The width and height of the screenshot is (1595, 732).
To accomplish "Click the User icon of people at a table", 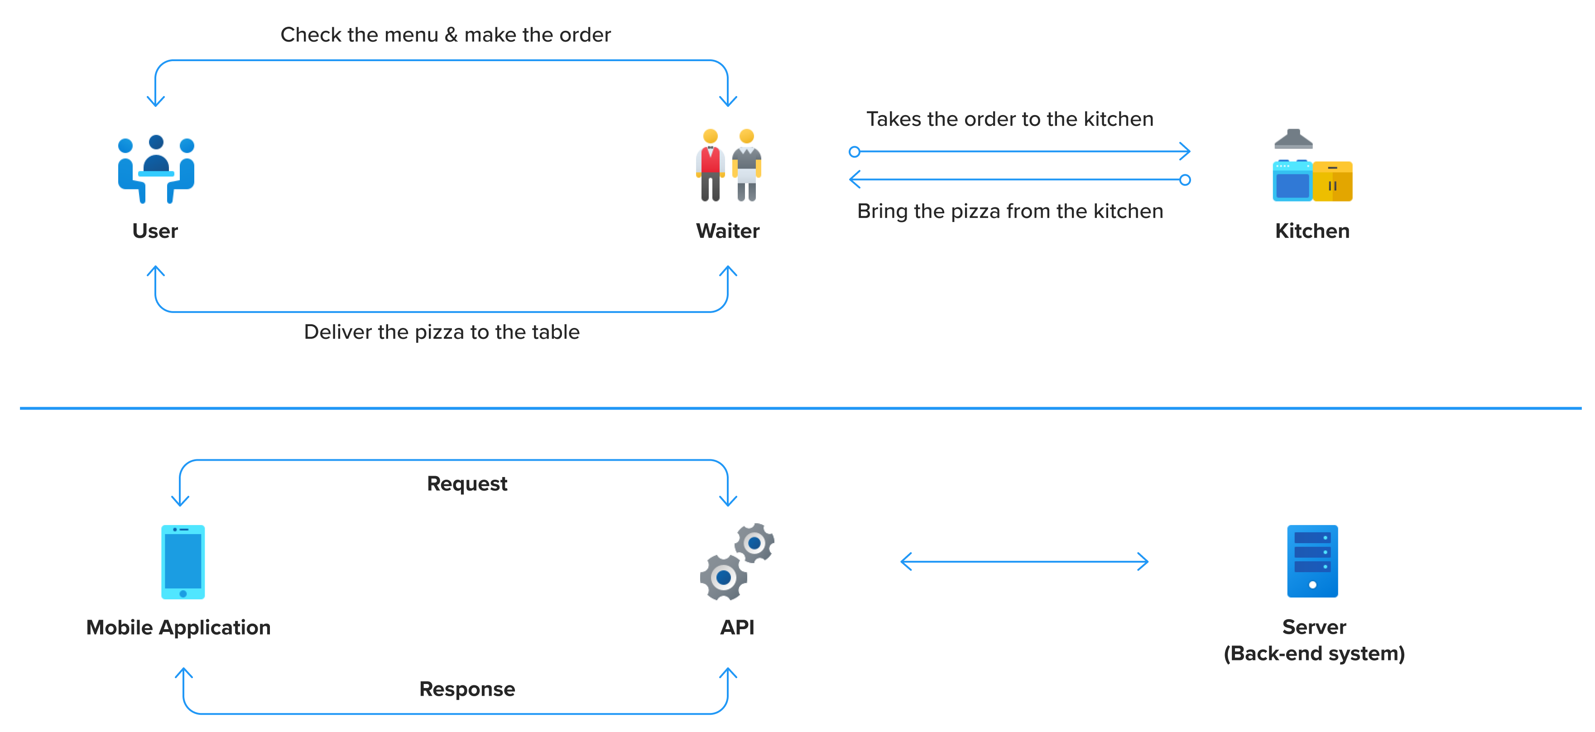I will (156, 169).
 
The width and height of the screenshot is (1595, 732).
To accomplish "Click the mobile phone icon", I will (183, 562).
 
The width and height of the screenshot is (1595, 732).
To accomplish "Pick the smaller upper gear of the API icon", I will (754, 543).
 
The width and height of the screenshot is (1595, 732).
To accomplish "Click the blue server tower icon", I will (1312, 561).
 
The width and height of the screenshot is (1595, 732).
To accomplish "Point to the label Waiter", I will (728, 231).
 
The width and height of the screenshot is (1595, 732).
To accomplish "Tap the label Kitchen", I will (1312, 231).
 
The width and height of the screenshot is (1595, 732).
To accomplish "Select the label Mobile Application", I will (178, 627).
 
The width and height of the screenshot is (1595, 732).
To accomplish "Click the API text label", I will (737, 627).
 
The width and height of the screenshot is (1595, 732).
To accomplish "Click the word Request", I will (467, 483).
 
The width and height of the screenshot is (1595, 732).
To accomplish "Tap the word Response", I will (467, 689).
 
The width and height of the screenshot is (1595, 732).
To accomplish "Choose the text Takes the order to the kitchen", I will (1009, 119).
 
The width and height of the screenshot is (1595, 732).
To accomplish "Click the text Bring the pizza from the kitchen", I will (1009, 211).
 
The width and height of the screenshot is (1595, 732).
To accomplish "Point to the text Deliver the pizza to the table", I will (442, 332).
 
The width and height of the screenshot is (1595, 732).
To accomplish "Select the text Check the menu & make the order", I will (445, 35).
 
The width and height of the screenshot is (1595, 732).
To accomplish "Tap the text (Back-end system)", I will (1314, 653).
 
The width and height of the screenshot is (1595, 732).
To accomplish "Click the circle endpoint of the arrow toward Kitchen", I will (855, 152).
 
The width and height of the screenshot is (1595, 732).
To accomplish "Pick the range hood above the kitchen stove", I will (1293, 140).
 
